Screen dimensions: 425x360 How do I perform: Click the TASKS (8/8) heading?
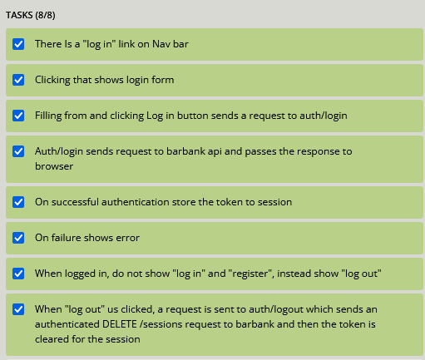click(31, 15)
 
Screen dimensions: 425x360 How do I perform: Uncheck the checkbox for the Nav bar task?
click(18, 44)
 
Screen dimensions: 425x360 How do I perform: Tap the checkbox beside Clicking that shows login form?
click(18, 80)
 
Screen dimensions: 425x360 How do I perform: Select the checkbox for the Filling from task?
click(18, 116)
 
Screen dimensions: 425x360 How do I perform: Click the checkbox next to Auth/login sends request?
click(18, 151)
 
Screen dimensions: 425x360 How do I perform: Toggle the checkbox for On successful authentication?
click(18, 202)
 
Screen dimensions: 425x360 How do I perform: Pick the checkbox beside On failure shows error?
click(18, 238)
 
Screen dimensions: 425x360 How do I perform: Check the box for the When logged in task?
click(18, 274)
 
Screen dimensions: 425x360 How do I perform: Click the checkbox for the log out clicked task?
click(18, 309)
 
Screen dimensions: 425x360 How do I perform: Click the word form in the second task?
click(163, 80)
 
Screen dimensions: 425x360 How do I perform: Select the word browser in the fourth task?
click(54, 166)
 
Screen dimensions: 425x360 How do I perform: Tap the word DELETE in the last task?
click(120, 324)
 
